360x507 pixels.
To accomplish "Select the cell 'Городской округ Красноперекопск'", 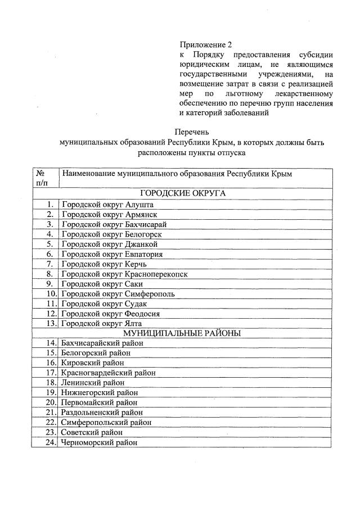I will click(x=124, y=274).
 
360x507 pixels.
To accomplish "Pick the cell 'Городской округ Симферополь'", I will click(x=118, y=293).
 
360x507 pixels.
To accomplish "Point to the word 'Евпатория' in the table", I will click(x=144, y=254).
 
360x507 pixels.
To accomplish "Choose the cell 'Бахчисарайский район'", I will click(x=103, y=343).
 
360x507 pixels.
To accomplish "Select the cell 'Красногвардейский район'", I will click(x=109, y=373).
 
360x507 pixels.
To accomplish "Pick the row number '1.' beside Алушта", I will click(x=51, y=205).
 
